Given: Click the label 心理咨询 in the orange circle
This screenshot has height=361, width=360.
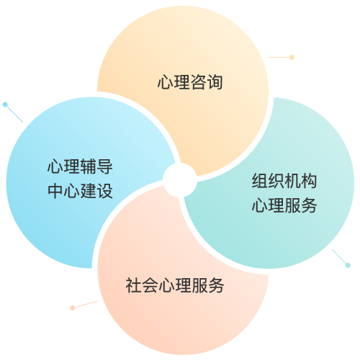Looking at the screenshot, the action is coord(190,82).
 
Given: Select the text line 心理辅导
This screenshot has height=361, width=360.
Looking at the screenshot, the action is coord(80,166).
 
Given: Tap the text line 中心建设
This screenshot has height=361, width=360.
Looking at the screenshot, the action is coord(80,191).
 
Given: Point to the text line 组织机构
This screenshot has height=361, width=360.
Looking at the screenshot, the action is coord(284,181).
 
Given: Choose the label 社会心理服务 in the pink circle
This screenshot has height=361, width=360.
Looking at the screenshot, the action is coord(175,285).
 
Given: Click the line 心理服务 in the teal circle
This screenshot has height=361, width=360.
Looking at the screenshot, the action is coord(284,205).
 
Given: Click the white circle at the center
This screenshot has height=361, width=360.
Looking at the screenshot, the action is coord(180,180).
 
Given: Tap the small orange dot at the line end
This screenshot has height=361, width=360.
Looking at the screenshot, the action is coord(292,57).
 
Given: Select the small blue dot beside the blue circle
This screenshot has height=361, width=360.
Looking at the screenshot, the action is coord(5,104).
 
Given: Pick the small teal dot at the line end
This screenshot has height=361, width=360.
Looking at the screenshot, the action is coord(348,265).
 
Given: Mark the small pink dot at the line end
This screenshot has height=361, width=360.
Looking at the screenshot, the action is coord(72,308).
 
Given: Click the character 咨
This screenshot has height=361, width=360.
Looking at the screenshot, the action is coord(199,82).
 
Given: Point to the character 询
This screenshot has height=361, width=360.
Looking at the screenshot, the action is coord(215,82).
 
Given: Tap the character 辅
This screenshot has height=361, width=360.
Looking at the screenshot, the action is coord(89,166).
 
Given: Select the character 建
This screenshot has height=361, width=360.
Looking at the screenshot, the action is coord(89,191).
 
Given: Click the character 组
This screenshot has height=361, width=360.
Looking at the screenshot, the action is coord(260,181).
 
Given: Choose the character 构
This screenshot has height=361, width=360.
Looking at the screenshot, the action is coord(309,181).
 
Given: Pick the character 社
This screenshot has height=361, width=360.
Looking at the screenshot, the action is coord(134,285).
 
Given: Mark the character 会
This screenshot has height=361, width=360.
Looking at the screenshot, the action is coord(150,285).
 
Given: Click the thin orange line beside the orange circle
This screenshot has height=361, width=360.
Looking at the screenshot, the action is coord(279,57).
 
